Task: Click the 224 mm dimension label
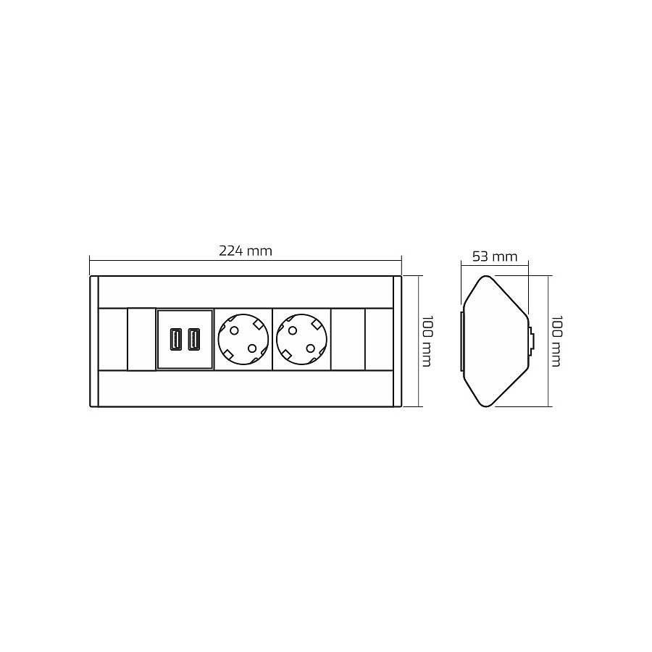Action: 246,251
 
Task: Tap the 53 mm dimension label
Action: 495,256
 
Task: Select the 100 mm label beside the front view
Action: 427,341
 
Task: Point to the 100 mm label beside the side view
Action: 556,341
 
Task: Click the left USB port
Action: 176,339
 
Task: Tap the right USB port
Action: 194,339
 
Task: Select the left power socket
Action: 243,339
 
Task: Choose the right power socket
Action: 301,339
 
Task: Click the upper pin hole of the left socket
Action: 235,331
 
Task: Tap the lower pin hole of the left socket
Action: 252,348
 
